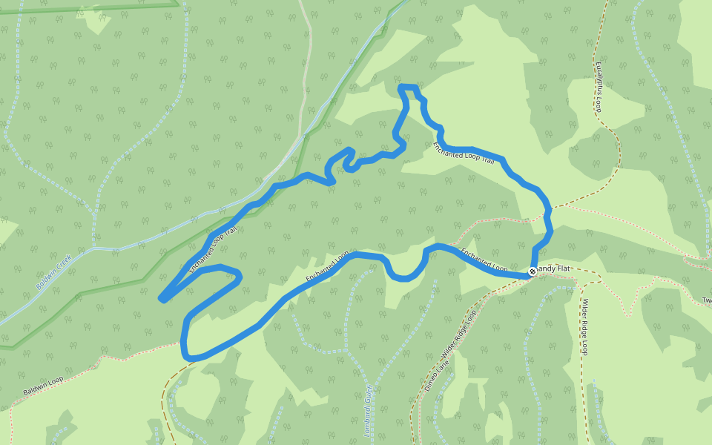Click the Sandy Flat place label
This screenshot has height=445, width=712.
[x=553, y=268]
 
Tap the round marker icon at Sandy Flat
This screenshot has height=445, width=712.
[x=533, y=272]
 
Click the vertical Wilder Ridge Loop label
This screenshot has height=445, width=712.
[x=584, y=327]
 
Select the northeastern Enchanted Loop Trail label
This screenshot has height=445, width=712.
[x=464, y=152]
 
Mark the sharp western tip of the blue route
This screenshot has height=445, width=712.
[x=162, y=299]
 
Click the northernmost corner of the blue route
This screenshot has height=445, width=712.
[x=401, y=88]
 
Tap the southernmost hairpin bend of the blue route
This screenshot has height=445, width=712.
[x=189, y=357]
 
